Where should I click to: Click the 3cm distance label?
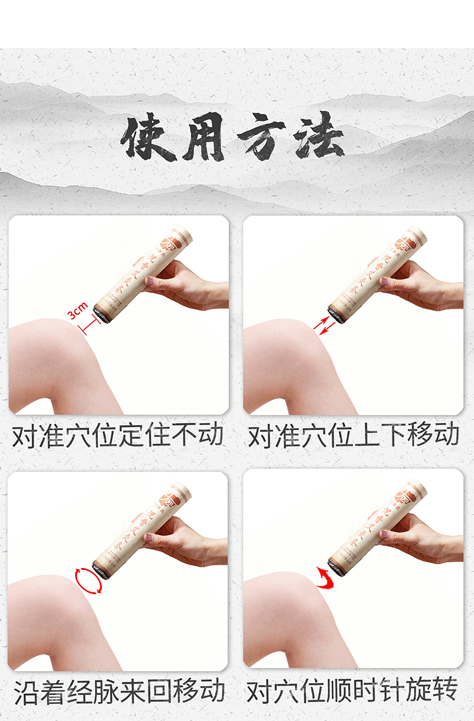coord(78,311)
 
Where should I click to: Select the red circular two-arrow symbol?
coord(88,581)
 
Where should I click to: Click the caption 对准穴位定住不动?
coord(118,436)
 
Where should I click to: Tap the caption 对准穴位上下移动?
coord(353,436)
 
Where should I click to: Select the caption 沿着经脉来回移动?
coord(118,691)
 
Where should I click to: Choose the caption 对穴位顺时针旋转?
coord(353,691)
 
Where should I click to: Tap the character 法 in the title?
coord(319,136)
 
